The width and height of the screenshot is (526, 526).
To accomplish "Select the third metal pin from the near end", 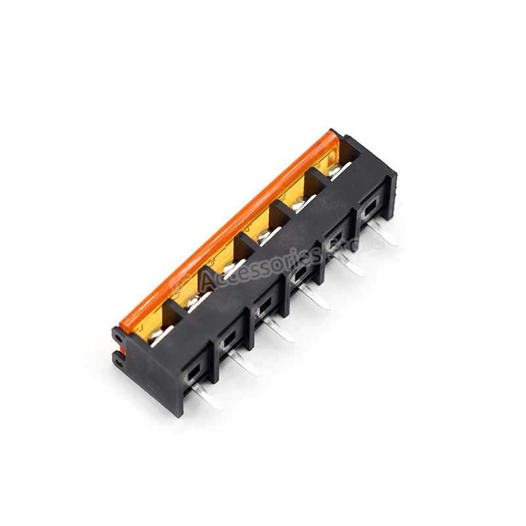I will [281, 331].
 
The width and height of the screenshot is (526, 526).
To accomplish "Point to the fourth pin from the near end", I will [317, 300].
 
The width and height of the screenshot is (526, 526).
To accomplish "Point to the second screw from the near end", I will [193, 301].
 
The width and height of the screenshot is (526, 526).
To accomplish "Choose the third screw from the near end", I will [229, 268].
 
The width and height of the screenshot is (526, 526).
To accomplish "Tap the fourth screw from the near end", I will [264, 235].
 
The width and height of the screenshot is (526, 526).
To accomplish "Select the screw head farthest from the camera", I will [335, 172].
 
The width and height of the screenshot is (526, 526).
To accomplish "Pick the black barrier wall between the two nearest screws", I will [176, 308].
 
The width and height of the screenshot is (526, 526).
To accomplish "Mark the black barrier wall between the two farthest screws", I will [318, 177].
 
